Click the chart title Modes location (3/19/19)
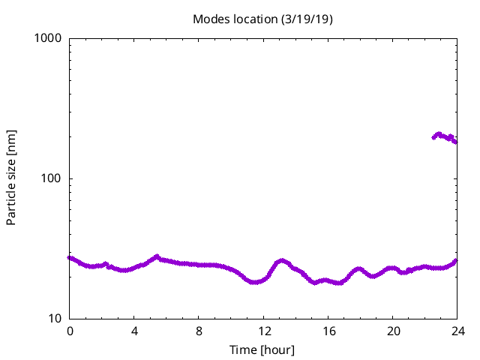coord(262,19)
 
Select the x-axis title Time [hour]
coord(262,350)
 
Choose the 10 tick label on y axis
coord(54,319)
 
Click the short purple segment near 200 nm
coord(444,136)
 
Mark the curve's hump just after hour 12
coord(281,261)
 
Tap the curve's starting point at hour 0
coord(70,257)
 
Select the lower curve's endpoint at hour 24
coord(455,261)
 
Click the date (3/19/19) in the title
coord(305,19)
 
